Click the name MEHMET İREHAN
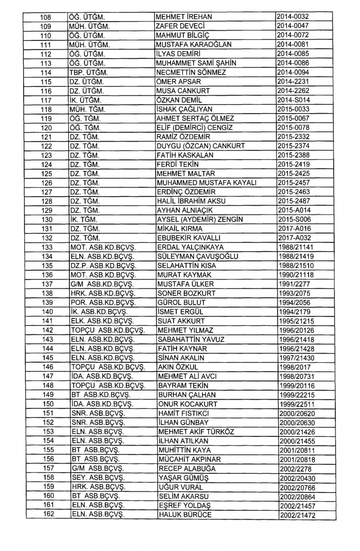click(184, 17)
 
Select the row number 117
click(46, 100)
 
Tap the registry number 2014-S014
click(294, 100)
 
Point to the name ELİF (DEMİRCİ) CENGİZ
click(195, 128)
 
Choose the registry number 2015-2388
click(294, 155)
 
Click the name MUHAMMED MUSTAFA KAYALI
click(207, 183)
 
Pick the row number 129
click(47, 211)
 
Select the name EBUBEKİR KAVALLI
click(189, 238)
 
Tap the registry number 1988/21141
click(296, 247)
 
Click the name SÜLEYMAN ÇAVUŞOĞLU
click(198, 257)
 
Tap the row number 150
click(48, 404)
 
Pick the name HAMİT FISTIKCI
click(184, 414)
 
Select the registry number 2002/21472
click(297, 515)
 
